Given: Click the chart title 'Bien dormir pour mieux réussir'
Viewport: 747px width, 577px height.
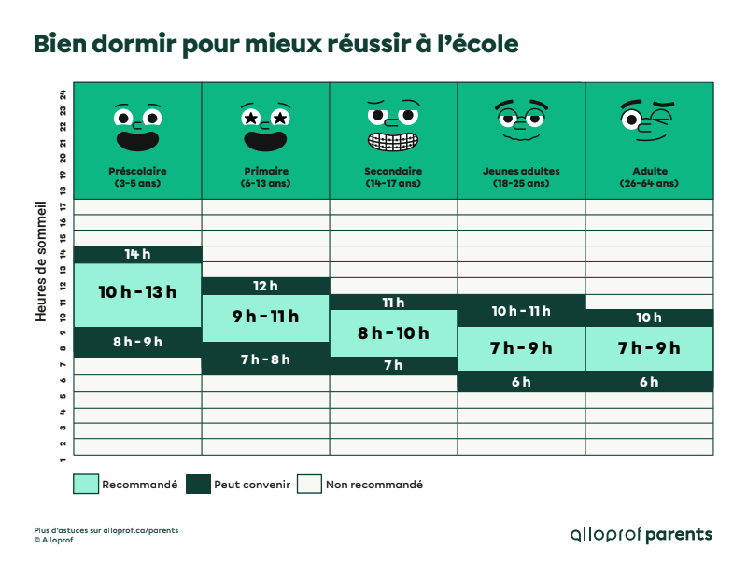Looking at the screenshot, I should (275, 45).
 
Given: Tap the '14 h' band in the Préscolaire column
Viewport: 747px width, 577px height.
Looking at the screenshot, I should (137, 254).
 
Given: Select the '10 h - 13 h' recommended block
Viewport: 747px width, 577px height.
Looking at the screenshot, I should (137, 292).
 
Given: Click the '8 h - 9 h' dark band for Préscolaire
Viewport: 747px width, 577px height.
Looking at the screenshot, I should (137, 342).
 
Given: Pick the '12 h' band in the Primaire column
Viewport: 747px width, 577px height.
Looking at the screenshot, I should (265, 286).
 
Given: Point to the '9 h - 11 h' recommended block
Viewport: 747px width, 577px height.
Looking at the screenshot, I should (265, 317).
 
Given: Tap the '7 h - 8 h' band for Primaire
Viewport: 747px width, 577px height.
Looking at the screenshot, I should (265, 359).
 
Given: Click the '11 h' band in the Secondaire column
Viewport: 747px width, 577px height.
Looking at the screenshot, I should (393, 303).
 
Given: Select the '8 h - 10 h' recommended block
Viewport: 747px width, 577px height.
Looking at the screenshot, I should (393, 333).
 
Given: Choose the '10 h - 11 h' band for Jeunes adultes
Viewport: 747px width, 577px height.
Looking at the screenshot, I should (521, 311).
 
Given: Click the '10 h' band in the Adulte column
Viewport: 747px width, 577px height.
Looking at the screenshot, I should (649, 317).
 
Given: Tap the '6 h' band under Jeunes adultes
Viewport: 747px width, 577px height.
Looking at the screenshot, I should (521, 381).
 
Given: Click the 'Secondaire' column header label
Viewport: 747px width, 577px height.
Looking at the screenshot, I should (393, 172).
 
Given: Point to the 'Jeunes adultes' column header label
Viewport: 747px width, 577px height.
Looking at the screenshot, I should (521, 172).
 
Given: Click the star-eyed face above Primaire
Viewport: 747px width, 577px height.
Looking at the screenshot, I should (265, 127).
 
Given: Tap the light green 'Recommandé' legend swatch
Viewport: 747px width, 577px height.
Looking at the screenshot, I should (86, 484).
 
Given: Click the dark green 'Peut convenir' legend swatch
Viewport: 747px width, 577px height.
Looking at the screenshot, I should (198, 484).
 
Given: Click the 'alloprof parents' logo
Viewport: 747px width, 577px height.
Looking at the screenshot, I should (641, 535).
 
